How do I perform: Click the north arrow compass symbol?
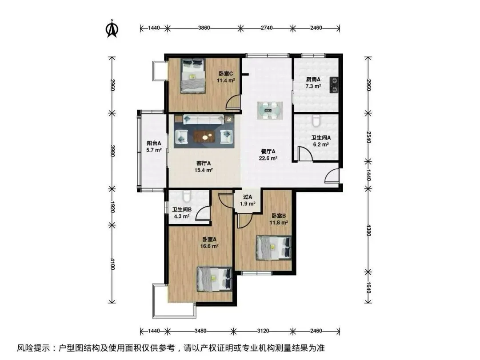(x=112, y=28)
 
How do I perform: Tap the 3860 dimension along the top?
(x=204, y=28)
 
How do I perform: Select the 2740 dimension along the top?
(x=267, y=28)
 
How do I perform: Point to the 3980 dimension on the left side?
(x=112, y=151)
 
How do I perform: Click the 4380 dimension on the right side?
(x=368, y=230)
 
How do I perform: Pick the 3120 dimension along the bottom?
(x=263, y=331)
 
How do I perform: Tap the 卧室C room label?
(x=226, y=73)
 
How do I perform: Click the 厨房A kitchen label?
(x=313, y=79)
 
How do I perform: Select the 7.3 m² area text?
(x=313, y=86)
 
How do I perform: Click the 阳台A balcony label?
(x=154, y=143)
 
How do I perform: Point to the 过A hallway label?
(x=248, y=197)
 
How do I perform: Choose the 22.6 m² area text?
(x=268, y=158)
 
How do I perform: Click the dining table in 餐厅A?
(x=269, y=111)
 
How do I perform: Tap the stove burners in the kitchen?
(x=334, y=85)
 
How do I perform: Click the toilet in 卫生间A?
(x=316, y=120)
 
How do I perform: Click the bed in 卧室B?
(x=273, y=248)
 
